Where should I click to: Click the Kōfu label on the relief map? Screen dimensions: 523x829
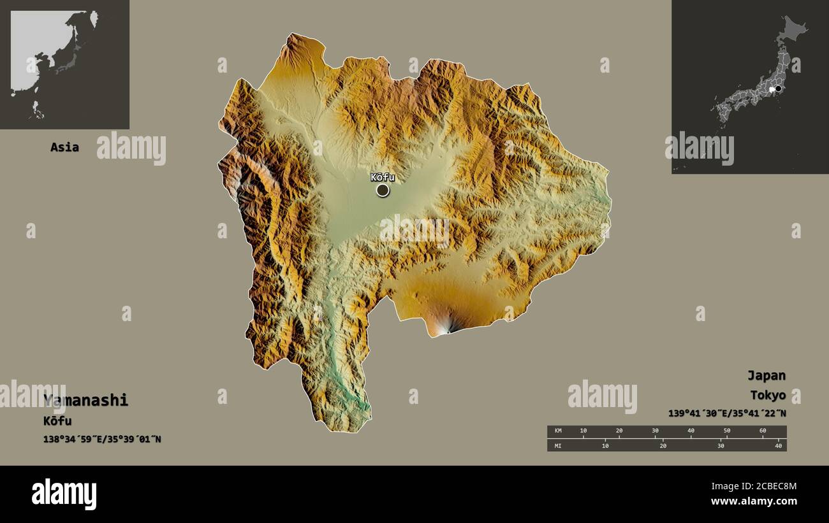pos(382,177)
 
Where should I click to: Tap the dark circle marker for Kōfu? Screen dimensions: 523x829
pos(383,190)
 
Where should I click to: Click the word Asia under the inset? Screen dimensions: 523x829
pos(65,147)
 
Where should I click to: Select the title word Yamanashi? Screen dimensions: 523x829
pos(86,400)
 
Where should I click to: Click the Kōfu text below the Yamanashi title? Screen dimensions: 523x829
pos(57,420)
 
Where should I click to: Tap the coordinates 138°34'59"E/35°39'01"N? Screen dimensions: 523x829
pos(102,439)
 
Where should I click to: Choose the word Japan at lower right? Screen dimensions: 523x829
pos(767,375)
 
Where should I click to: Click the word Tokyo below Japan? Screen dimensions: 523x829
pos(768,395)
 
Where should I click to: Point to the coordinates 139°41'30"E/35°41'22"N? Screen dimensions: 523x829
pos(727,413)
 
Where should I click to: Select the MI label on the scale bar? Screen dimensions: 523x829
pos(558,445)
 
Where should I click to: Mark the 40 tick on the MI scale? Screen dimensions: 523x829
pos(778,445)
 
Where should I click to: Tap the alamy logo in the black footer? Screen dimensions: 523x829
pos(64,494)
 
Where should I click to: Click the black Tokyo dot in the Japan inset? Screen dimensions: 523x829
pos(778,89)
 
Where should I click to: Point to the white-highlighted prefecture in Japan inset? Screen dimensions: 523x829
pos(772,90)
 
